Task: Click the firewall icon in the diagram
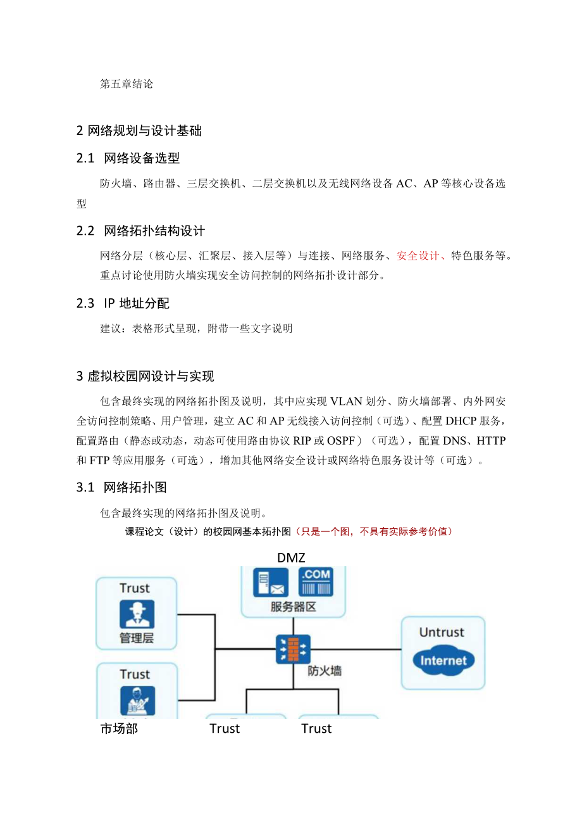[293, 649]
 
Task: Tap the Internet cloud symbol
[443, 661]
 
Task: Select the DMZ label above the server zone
[291, 557]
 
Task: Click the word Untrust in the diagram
[442, 632]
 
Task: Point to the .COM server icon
[316, 582]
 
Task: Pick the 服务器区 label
[293, 606]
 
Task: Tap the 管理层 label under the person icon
[137, 637]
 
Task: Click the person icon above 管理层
[137, 614]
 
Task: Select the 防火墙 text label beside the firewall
[325, 671]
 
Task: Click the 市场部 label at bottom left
[119, 728]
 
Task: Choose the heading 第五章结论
[127, 84]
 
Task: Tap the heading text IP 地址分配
[137, 303]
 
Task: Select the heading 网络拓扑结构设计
[154, 231]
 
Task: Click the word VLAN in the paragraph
[345, 402]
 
